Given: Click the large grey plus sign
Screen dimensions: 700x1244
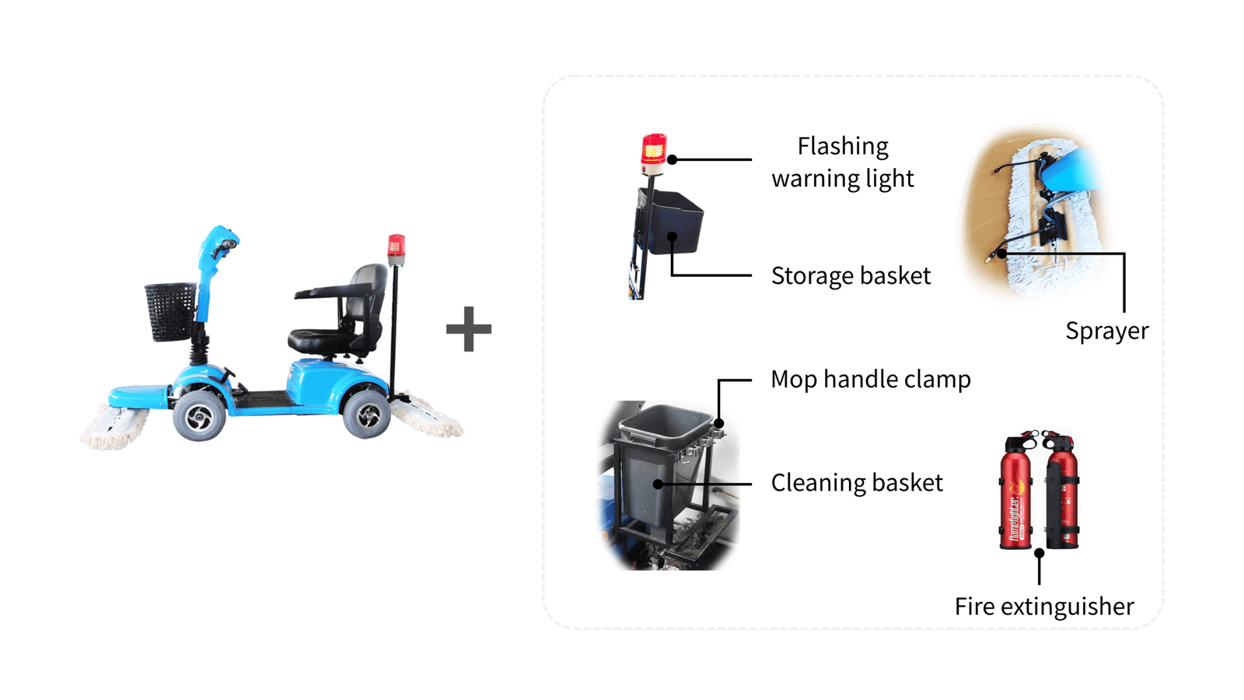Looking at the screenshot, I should coord(468,329).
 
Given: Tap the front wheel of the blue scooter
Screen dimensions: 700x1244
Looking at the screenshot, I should coord(200,416).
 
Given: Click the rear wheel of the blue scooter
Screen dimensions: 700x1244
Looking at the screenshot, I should coord(367,415).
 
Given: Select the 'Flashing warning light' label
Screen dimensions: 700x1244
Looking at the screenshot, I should coord(843,162).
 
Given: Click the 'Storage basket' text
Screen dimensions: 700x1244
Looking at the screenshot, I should coord(851,276).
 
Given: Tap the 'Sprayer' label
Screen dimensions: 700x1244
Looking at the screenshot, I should coord(1106,331).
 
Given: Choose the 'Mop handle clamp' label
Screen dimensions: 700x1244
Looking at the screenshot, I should coord(870,380).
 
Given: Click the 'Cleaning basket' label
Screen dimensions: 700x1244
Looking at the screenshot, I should coord(856,483).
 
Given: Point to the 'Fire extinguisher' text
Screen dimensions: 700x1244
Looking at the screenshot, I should coord(1043,607).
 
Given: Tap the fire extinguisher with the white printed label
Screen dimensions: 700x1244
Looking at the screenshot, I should coord(1016,494).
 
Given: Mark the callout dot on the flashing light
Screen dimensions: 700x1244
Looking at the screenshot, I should coord(673,159).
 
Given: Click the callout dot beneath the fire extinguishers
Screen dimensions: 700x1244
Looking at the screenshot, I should coord(1039,553).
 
